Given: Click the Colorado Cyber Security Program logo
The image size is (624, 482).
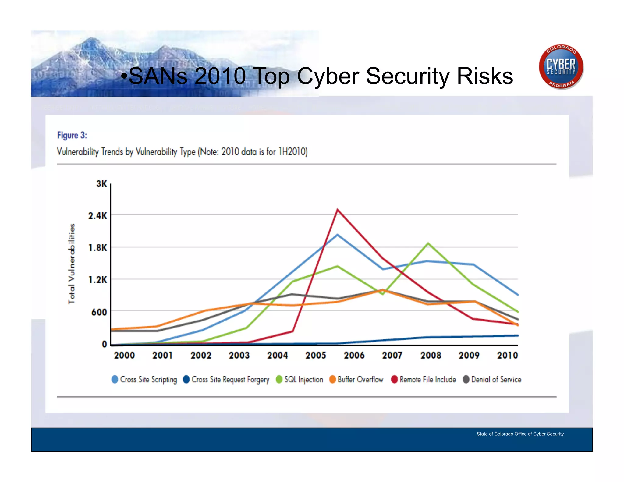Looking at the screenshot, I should coord(561,67).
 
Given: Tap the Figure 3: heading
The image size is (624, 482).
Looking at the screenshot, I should coord(72,135).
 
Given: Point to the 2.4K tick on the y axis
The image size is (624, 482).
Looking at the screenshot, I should coord(97,216).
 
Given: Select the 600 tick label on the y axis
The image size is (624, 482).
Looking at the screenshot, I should coord(99,312).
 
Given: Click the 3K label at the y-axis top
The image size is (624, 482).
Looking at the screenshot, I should coord(101,184).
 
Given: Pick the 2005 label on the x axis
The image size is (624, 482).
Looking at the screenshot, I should coord(316,355).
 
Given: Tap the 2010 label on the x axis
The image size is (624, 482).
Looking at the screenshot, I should coord(507,355).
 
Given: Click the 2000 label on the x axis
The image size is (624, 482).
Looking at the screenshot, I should coord(124,355).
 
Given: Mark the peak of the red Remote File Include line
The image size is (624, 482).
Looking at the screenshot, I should coord(338,210).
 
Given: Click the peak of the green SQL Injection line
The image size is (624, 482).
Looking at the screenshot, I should coord(428,243).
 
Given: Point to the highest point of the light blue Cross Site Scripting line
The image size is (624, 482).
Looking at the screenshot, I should coord(337,235).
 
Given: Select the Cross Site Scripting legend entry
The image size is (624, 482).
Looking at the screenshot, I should coord(144,380).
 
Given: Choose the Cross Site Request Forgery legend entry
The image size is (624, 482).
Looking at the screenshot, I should coord(226,380).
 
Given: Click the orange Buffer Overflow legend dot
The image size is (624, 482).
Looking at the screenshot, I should coord(332,379).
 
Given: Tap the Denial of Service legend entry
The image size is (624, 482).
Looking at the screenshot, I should coord(492,380).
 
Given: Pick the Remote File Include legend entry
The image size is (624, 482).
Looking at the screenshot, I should coord(424,380).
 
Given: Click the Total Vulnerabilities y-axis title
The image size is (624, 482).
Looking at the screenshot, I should coord(71,264).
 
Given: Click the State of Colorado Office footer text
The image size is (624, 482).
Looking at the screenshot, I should coord(520,434).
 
